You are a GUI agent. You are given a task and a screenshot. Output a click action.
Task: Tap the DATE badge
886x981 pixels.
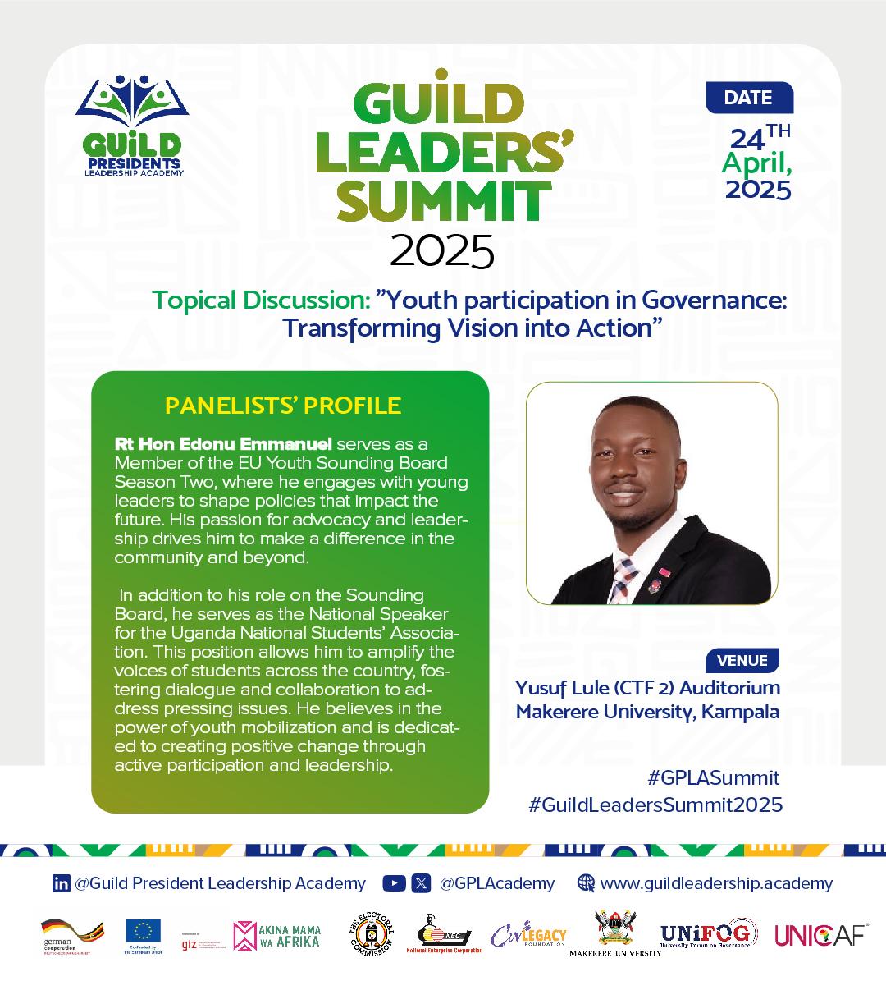point(748,98)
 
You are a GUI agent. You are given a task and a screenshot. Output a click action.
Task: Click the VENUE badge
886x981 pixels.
point(742,660)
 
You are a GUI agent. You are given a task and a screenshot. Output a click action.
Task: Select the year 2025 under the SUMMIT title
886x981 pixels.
point(442,251)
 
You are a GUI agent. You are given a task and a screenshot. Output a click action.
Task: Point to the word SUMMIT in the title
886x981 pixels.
point(445,199)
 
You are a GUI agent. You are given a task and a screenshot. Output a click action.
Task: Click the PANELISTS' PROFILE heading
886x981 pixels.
point(283,406)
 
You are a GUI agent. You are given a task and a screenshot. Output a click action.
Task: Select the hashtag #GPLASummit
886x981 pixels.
point(713,777)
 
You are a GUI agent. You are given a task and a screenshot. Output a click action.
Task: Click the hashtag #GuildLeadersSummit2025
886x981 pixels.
point(655,805)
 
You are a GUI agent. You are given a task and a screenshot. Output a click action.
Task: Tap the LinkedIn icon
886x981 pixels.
point(61,883)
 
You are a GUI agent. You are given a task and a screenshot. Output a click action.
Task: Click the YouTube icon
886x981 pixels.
point(395,883)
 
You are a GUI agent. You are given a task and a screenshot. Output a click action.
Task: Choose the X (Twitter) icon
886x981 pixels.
point(421,883)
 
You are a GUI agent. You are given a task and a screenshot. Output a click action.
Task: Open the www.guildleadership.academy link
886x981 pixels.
point(715,883)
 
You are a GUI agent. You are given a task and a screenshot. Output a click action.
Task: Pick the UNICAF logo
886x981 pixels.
point(821,934)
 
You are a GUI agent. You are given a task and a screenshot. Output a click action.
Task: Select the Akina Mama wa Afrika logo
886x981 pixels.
point(276,935)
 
